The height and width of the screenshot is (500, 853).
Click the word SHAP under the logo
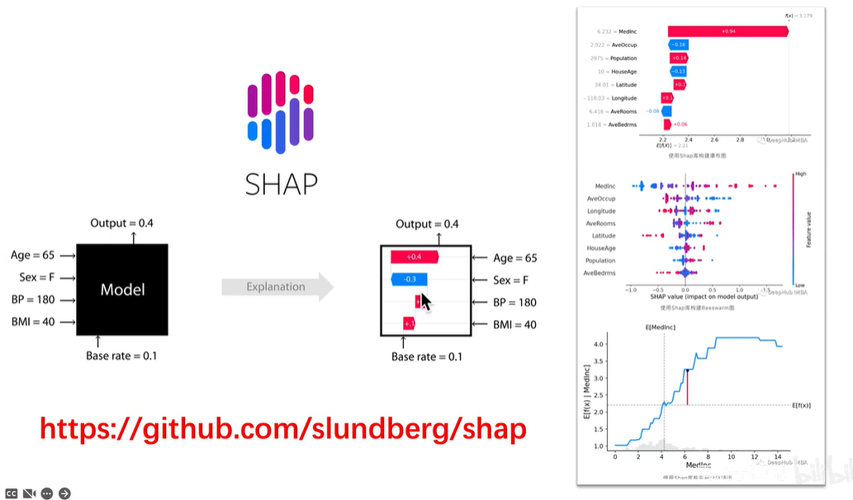pos(281,182)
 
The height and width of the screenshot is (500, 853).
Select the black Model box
pos(122,289)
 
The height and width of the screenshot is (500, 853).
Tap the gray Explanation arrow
pos(277,287)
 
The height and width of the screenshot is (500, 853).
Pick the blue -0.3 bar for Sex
pos(409,280)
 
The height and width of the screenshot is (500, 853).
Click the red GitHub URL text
pos(282,428)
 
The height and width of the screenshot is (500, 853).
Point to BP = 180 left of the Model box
pos(33,300)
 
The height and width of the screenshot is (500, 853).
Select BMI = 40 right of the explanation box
pos(515,324)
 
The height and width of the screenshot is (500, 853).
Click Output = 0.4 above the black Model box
pos(122,224)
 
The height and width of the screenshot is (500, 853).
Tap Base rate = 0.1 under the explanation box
pos(426,356)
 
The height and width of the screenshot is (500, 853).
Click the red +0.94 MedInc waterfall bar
pos(727,31)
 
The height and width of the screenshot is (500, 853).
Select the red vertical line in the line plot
pos(687,388)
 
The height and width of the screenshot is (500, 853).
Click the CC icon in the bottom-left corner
pos(10,493)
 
